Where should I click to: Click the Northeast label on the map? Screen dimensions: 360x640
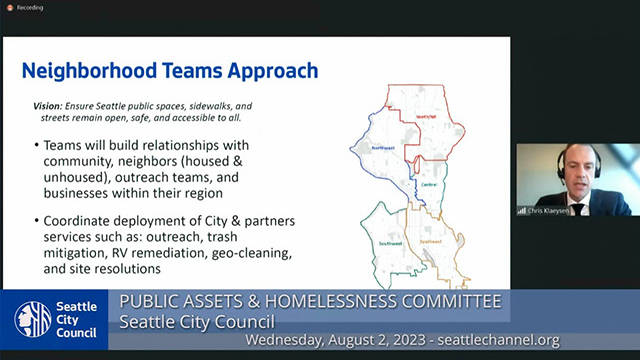pyautogui.click(x=426, y=117)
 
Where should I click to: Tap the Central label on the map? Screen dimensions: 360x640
pyautogui.click(x=429, y=185)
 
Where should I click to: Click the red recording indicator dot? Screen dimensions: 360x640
pyautogui.click(x=8, y=8)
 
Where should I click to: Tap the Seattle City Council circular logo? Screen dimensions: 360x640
pyautogui.click(x=32, y=319)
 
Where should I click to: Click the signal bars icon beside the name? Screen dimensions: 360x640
pyautogui.click(x=521, y=210)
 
